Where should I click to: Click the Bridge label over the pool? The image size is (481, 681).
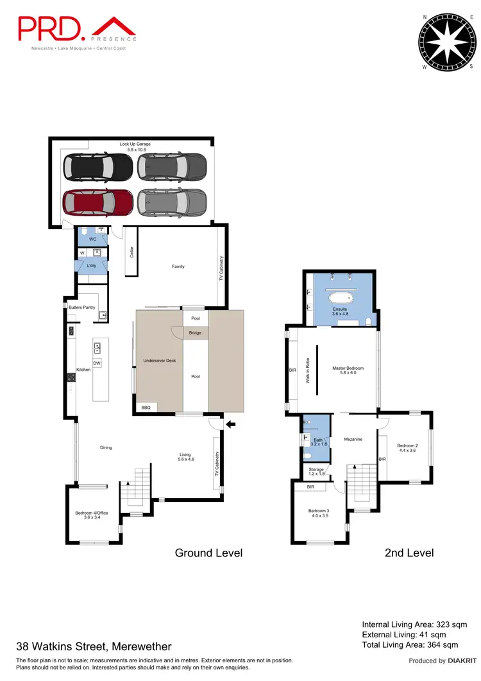click(x=196, y=333)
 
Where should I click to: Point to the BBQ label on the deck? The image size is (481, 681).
click(x=146, y=407)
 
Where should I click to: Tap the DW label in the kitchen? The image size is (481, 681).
click(x=97, y=363)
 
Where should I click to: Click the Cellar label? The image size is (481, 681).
click(x=131, y=252)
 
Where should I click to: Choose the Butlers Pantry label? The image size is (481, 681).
click(x=82, y=308)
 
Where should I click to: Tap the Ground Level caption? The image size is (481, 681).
click(x=208, y=553)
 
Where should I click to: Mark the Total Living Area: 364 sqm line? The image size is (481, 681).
click(x=410, y=644)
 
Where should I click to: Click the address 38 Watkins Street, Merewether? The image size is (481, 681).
click(x=94, y=646)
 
